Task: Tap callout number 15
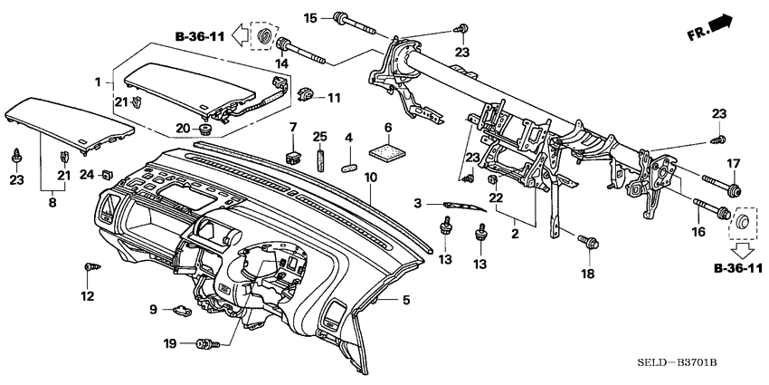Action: click(310, 17)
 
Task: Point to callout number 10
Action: click(369, 179)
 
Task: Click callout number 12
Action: click(88, 296)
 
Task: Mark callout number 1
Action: click(98, 82)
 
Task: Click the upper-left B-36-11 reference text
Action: click(200, 37)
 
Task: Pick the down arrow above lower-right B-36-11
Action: click(741, 246)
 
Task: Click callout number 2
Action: click(514, 233)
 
